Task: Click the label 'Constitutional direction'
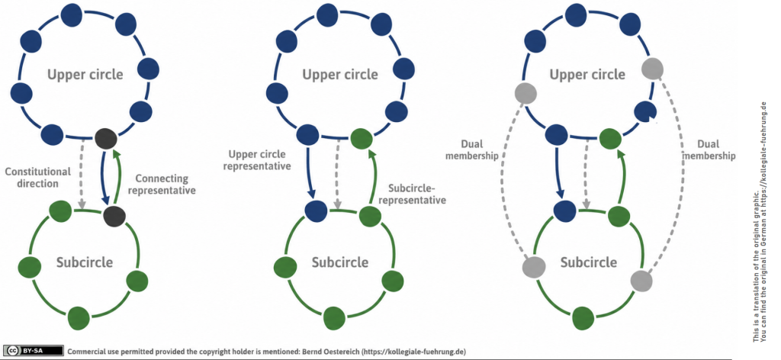point(38,177)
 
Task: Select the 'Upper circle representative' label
point(257,160)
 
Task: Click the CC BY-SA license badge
point(34,351)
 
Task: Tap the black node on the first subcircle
point(114,215)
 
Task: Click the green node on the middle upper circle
point(362,138)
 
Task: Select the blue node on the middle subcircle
point(317,210)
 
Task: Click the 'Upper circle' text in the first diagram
point(85,75)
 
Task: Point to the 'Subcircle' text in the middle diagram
point(340,262)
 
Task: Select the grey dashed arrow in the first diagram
point(82,174)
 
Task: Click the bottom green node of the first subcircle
point(79,317)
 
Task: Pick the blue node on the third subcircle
point(564,210)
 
